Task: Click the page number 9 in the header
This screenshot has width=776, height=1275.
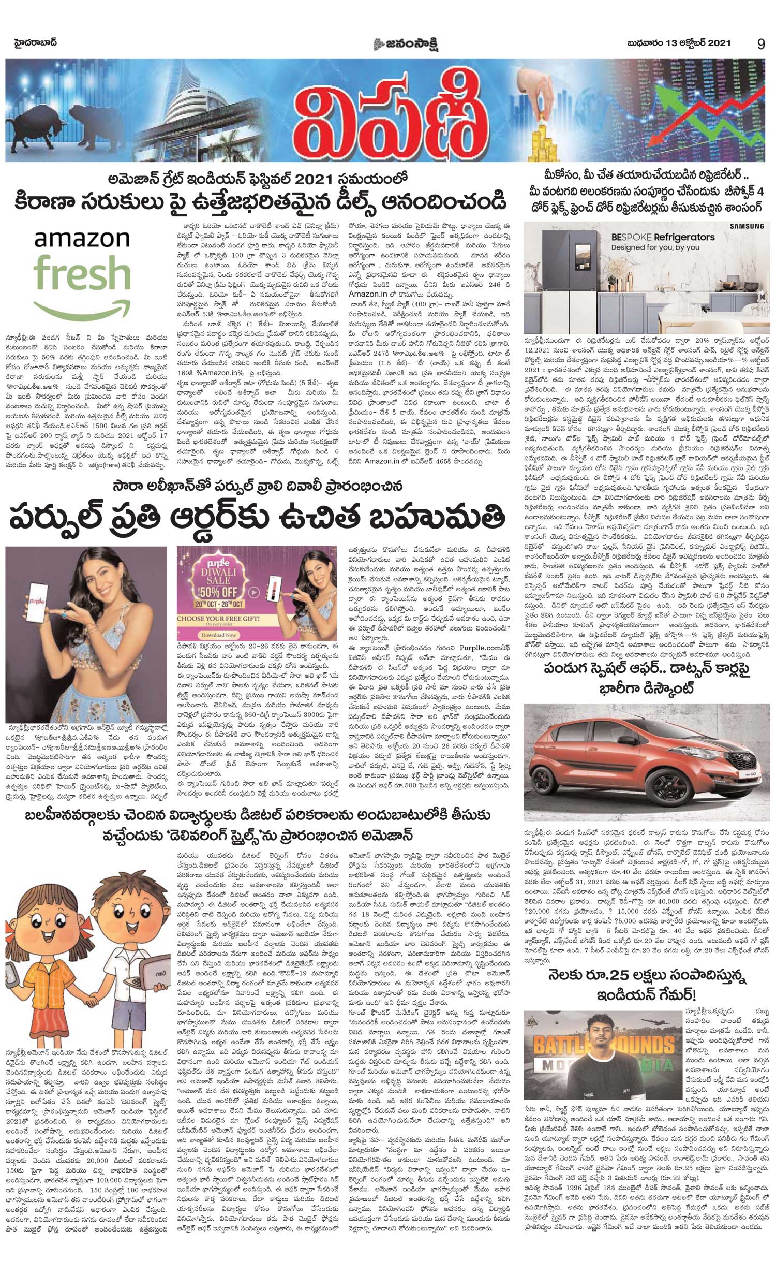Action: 760,44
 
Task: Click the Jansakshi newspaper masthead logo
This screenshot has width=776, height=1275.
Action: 408,45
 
